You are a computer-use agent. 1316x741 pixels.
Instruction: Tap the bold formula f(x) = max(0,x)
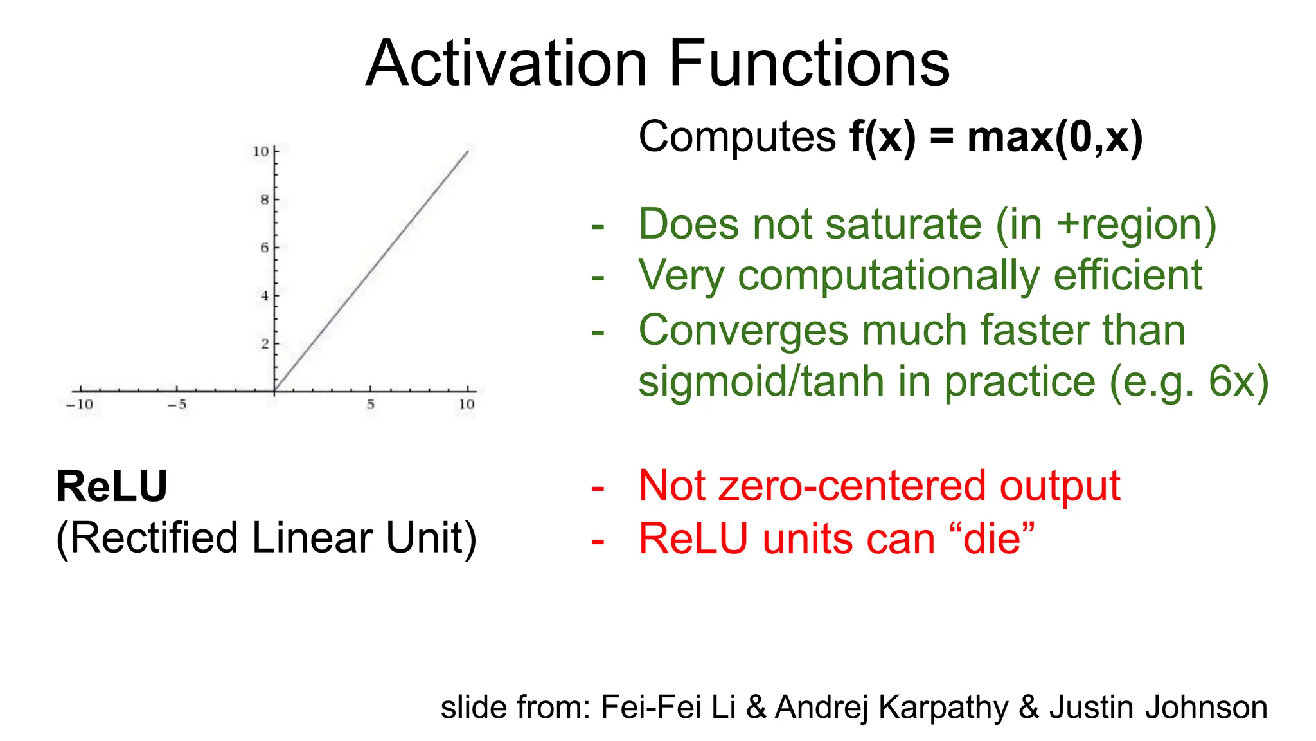point(995,137)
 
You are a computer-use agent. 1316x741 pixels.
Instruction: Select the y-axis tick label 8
point(264,200)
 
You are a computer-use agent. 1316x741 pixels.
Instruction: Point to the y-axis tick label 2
point(264,344)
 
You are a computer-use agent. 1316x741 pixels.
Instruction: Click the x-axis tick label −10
point(79,405)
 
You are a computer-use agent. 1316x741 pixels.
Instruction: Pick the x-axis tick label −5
point(177,405)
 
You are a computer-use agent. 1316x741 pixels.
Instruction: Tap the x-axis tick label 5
point(371,405)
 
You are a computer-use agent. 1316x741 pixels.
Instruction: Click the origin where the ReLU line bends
point(275,390)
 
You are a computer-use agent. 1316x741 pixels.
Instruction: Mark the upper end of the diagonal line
point(467,152)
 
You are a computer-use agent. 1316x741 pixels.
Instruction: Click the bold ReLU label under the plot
point(112,486)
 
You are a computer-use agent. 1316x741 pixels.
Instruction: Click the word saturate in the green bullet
point(903,224)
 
